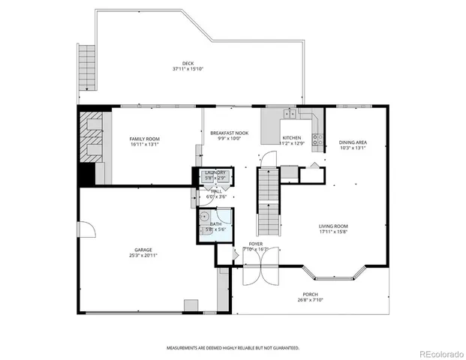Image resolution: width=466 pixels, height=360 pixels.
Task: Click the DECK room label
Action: (188, 63)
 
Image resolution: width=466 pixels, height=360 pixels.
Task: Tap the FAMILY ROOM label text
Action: (144, 139)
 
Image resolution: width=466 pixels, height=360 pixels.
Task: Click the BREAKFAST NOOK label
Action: (229, 133)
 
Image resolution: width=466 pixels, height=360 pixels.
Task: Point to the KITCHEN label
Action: (292, 138)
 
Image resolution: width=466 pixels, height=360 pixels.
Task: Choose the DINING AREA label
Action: (352, 142)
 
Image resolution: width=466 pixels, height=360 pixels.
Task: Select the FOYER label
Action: (256, 244)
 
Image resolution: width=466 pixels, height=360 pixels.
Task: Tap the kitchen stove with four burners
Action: (318, 138)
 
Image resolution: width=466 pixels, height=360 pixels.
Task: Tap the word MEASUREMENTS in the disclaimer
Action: (185, 348)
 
